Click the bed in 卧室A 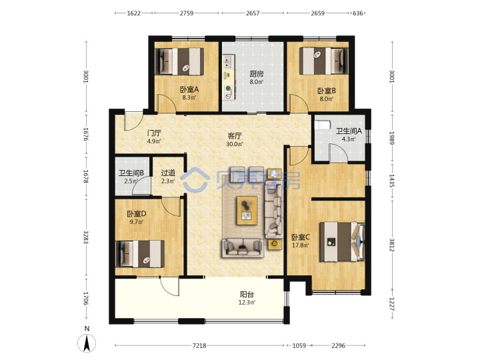click(180, 61)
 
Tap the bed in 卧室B click(323, 61)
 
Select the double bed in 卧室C click(342, 242)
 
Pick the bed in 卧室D click(140, 253)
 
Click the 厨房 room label click(256, 74)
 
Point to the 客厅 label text click(235, 135)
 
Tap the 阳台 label click(247, 295)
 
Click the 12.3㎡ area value click(247, 303)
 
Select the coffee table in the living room click(247, 211)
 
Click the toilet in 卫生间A click(323, 125)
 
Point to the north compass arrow click(87, 343)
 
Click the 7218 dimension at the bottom click(199, 345)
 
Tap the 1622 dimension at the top click(134, 13)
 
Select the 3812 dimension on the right click(392, 245)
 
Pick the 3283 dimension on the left click(86, 237)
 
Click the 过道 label click(168, 173)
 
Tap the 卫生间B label click(131, 173)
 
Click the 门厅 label click(154, 133)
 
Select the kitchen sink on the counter click(228, 61)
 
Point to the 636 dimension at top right click(358, 13)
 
